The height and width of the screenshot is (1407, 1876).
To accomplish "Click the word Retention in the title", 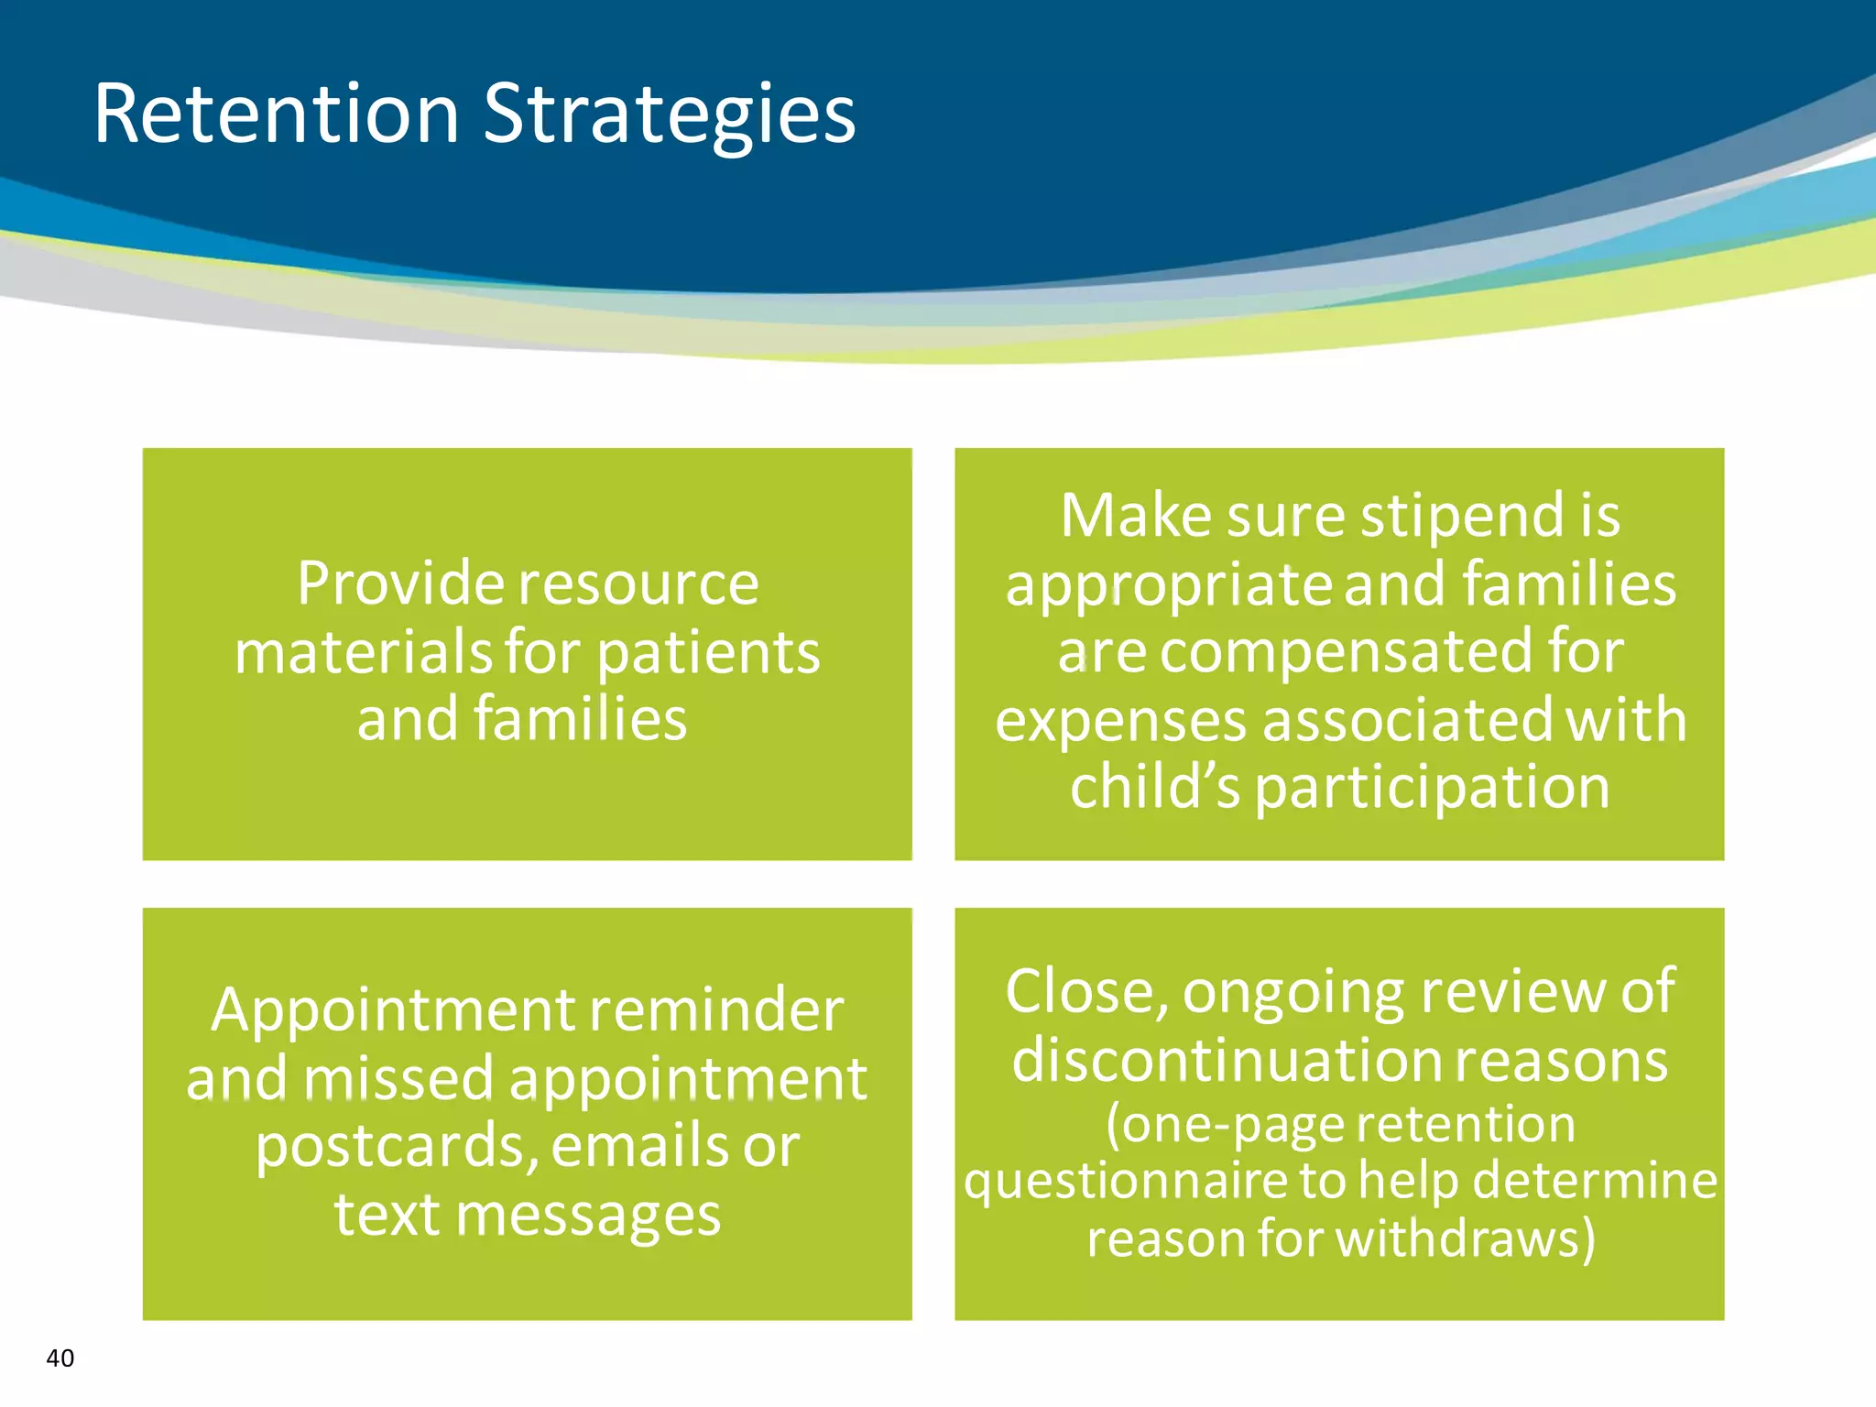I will (276, 114).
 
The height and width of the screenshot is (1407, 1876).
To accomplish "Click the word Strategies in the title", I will (669, 114).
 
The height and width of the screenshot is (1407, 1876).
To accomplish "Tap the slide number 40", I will (60, 1358).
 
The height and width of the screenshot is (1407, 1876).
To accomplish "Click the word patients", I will (709, 653).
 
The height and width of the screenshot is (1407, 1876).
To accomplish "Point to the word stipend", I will (1463, 516).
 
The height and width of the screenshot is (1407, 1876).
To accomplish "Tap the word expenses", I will (1120, 721).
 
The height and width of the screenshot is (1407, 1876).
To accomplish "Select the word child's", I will (1154, 787).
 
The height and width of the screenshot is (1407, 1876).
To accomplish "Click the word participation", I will (1432, 789).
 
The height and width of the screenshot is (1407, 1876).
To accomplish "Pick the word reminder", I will (715, 1010).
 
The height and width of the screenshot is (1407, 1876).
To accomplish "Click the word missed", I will (398, 1078).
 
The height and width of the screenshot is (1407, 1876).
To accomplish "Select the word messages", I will (588, 1216).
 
